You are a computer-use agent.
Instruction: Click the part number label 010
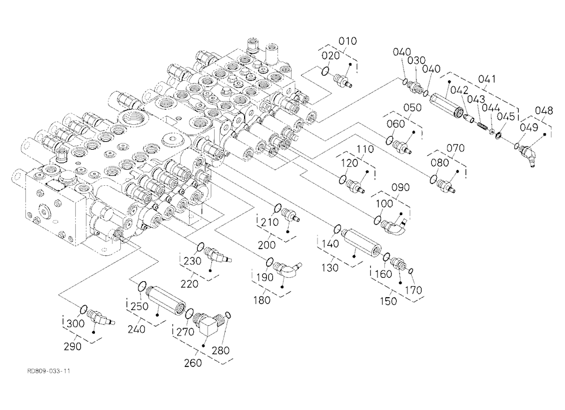click(x=347, y=41)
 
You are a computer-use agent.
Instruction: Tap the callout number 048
click(x=544, y=110)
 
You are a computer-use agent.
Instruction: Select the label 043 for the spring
click(x=476, y=99)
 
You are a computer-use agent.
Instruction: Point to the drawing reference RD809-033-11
click(x=48, y=371)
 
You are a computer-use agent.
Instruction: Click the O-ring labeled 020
click(x=324, y=71)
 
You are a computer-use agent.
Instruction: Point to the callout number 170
click(x=413, y=290)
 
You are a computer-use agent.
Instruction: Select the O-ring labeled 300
click(x=83, y=309)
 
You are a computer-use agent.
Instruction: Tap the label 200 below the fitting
click(x=267, y=245)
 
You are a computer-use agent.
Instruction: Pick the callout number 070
click(x=455, y=148)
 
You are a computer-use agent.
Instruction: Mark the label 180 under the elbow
click(x=262, y=300)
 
